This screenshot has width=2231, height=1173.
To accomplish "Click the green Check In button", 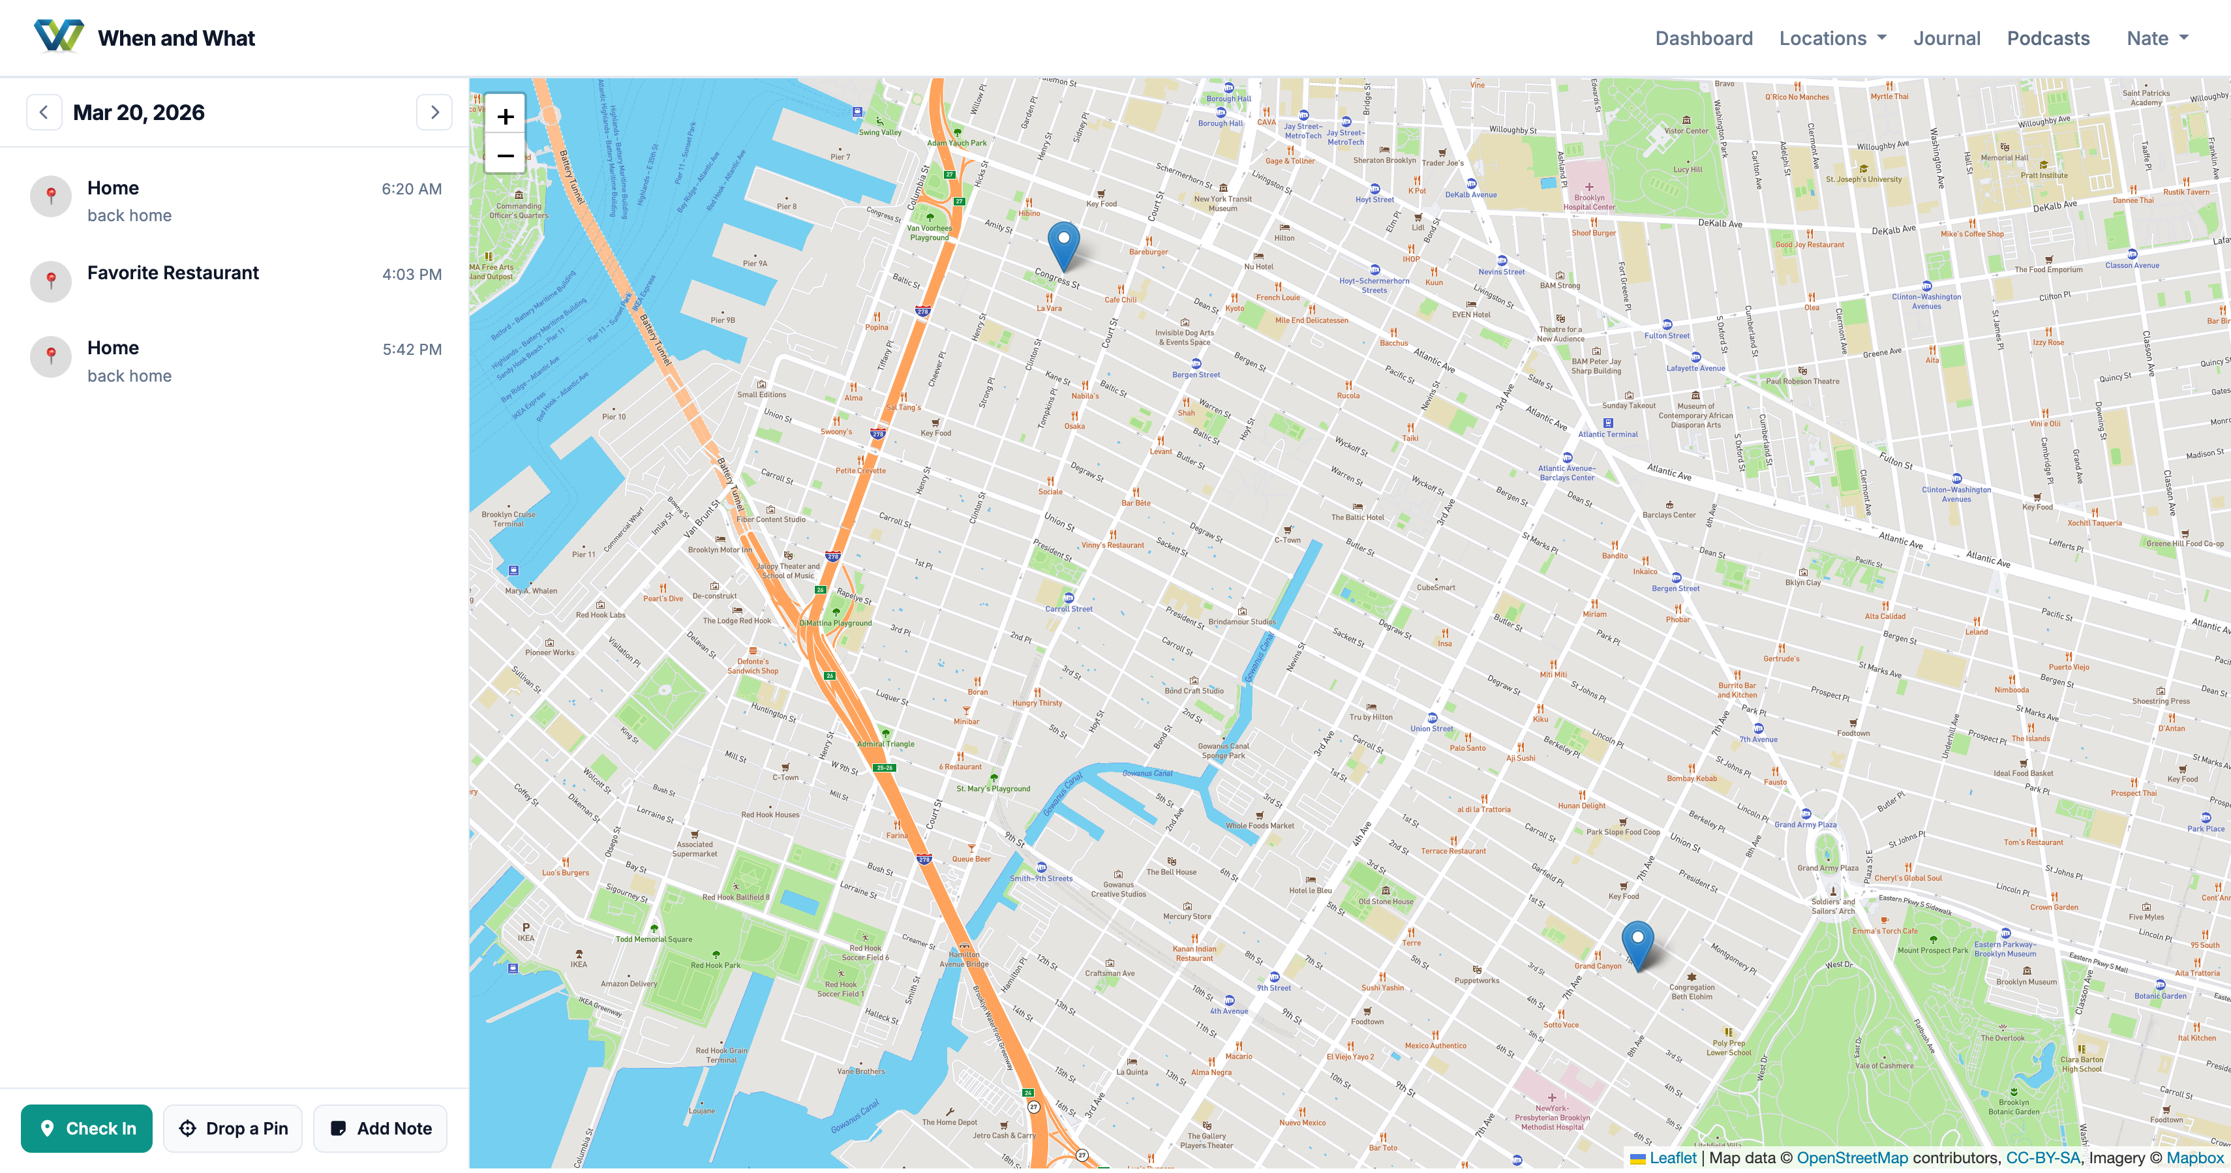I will (x=87, y=1128).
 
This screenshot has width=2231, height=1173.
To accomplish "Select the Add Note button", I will (x=380, y=1128).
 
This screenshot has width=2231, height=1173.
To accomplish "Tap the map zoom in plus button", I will (x=505, y=116).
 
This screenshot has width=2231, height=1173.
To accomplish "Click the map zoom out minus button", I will (x=505, y=156).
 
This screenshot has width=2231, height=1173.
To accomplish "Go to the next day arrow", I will (x=434, y=113).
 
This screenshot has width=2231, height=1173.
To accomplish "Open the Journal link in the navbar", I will (x=1946, y=38).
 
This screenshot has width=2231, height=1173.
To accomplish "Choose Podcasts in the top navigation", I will (x=2048, y=38).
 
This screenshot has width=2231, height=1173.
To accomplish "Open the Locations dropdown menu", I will (x=1832, y=38).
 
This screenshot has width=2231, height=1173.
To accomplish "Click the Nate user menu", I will (x=2157, y=38).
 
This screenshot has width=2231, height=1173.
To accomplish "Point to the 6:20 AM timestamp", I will (x=412, y=189).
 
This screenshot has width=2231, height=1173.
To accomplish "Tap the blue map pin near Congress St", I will (x=1063, y=243).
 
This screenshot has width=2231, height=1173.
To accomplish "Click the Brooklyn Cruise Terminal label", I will (x=508, y=519).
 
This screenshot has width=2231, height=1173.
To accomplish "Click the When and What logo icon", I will (x=59, y=37).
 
